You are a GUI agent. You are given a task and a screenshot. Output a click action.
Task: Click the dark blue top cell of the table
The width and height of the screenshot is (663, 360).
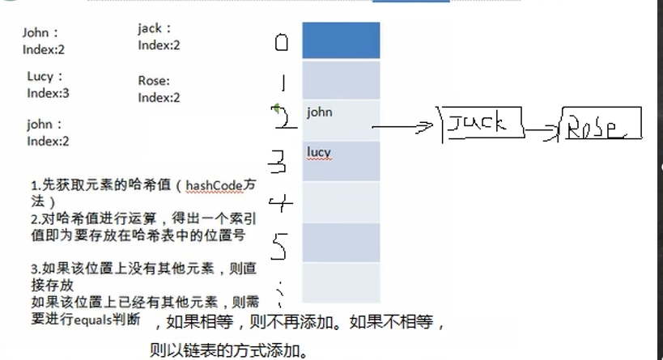tap(341, 40)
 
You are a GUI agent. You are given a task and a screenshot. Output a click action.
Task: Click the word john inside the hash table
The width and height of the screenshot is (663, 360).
tap(320, 112)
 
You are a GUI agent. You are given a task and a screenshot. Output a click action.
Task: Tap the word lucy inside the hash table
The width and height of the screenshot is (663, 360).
tap(319, 152)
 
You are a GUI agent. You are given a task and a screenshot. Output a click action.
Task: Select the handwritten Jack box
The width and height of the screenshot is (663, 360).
tap(482, 124)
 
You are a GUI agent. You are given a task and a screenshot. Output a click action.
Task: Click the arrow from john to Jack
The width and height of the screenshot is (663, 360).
tap(405, 127)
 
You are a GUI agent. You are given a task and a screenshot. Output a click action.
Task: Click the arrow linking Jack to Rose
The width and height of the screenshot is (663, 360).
tap(543, 129)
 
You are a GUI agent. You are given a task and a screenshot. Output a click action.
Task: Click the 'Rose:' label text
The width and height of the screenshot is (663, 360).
tap(154, 81)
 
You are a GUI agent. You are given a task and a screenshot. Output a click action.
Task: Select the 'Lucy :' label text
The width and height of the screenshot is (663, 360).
tap(45, 77)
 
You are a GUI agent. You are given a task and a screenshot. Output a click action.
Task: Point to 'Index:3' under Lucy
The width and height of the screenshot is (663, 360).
tap(48, 93)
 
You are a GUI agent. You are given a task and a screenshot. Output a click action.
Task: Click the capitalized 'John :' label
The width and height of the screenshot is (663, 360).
tap(40, 33)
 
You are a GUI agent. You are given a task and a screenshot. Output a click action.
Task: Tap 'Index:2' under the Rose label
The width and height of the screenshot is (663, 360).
tap(159, 97)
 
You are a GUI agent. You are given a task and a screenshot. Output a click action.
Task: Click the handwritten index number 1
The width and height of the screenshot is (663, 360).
tap(281, 83)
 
